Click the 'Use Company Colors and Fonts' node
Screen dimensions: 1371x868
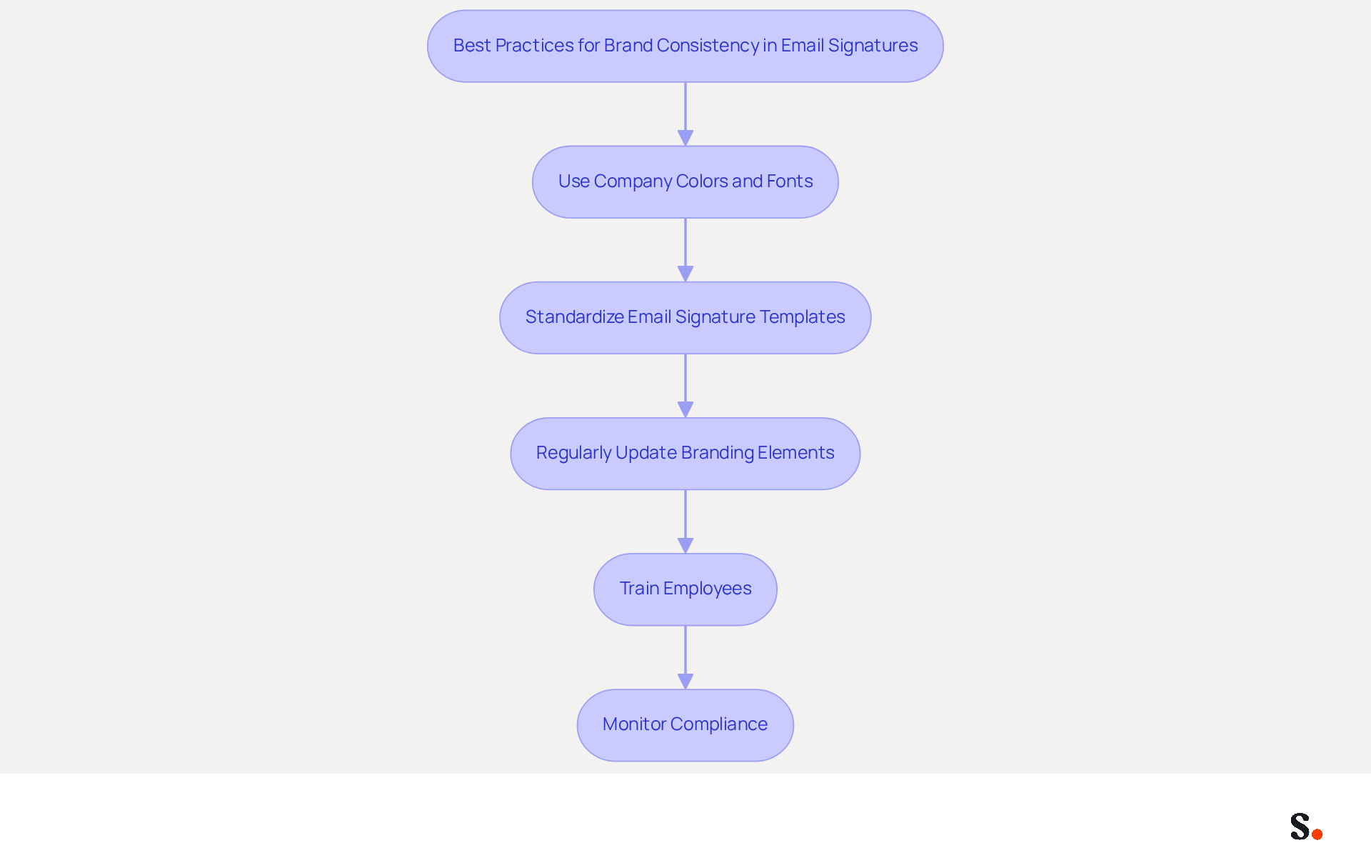click(685, 182)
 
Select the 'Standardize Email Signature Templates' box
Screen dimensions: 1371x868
click(685, 318)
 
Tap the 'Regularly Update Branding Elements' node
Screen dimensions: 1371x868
click(685, 454)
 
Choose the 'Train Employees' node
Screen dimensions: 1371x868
click(685, 589)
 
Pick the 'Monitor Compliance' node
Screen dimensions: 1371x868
click(685, 725)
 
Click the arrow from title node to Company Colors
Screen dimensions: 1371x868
click(685, 114)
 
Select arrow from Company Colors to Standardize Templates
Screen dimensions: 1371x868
click(685, 250)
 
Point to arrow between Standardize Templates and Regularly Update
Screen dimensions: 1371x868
click(685, 386)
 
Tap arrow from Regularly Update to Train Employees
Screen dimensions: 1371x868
click(685, 522)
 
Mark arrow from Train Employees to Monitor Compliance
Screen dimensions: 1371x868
click(685, 657)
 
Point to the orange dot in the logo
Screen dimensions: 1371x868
click(1317, 834)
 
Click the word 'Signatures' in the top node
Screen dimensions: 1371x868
click(873, 46)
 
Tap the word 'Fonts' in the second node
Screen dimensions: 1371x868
click(790, 181)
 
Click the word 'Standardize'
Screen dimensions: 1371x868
click(574, 316)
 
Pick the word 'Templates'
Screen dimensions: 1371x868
click(803, 318)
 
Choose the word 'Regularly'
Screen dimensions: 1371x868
click(573, 454)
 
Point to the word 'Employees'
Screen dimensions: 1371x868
click(707, 589)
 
